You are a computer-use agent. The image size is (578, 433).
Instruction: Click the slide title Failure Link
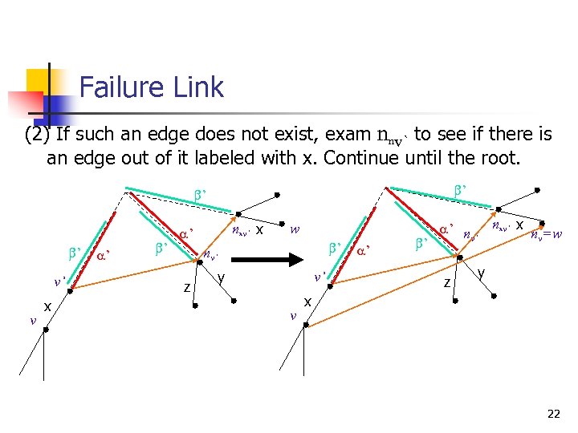[x=151, y=87]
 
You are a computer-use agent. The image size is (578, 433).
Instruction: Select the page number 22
[x=553, y=414]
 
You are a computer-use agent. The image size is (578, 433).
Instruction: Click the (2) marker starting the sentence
[x=37, y=135]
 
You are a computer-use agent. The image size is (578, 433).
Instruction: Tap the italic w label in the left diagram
[x=295, y=229]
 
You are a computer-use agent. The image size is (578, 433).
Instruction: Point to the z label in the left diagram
[x=186, y=286]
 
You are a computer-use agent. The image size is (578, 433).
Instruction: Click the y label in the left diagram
[x=219, y=278]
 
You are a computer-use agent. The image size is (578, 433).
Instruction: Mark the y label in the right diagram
[x=481, y=273]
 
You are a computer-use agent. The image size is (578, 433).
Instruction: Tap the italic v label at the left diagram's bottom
[x=32, y=320]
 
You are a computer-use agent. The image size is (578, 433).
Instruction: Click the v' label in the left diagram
[x=59, y=281]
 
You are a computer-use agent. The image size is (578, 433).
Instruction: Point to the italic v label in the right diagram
[x=293, y=315]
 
